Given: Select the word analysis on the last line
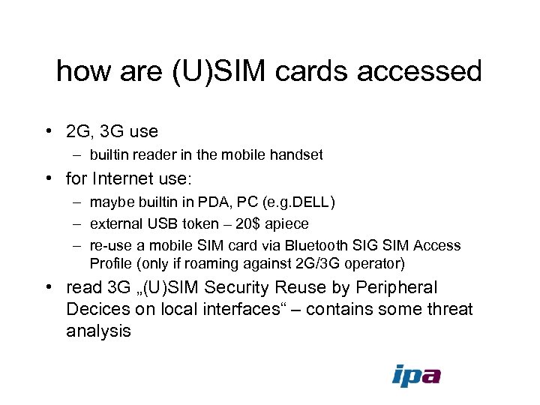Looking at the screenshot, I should [98, 331].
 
